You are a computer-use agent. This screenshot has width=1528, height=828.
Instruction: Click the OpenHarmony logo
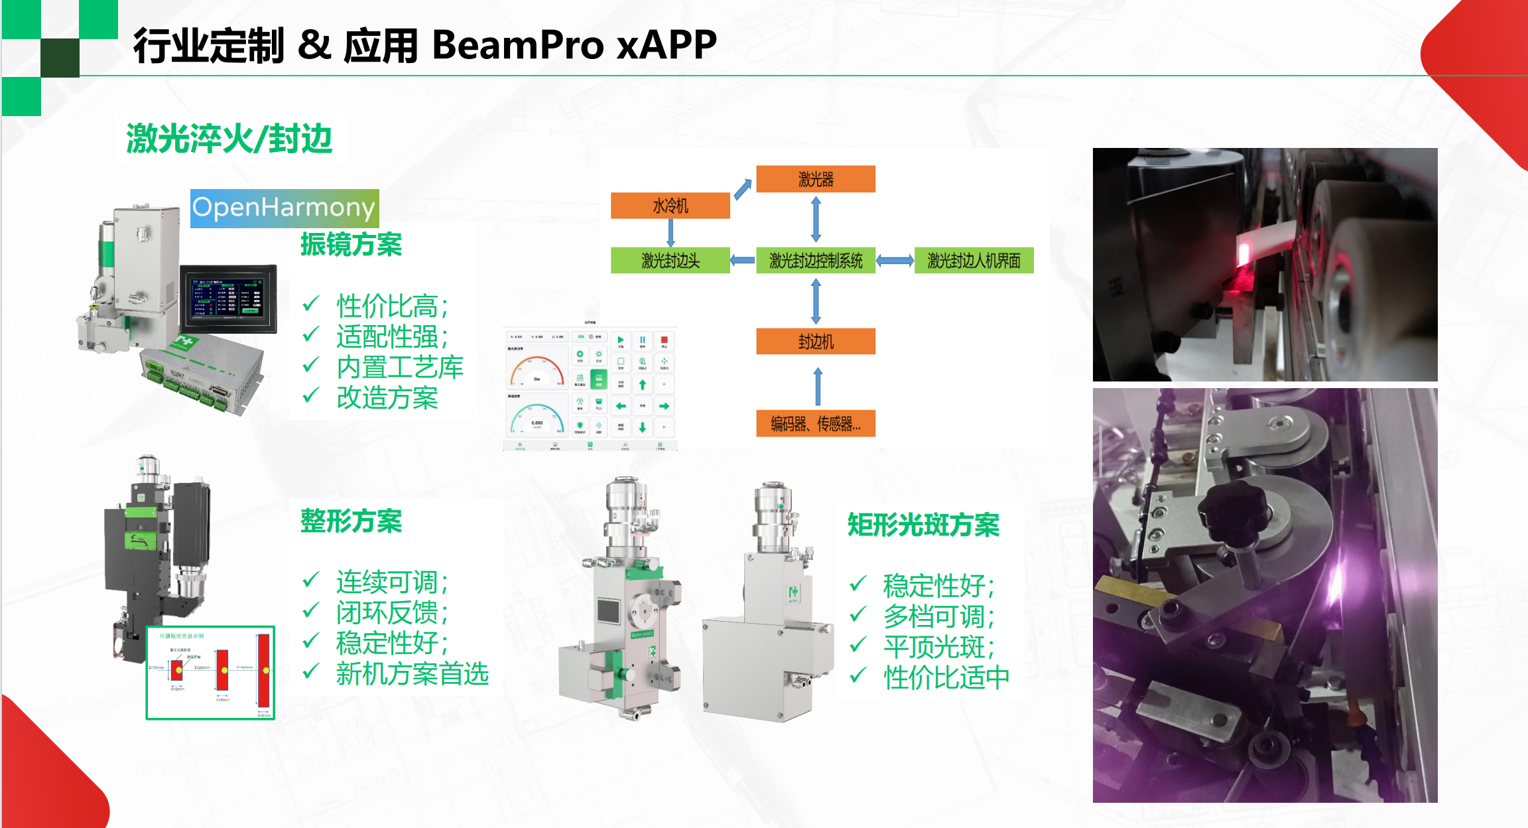(284, 208)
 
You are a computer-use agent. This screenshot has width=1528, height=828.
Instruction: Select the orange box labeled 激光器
(815, 179)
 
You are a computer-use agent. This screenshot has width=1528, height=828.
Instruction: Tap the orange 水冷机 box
(670, 206)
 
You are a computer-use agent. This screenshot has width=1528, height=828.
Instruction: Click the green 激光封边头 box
(670, 261)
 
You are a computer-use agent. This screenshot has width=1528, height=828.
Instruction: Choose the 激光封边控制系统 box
(815, 261)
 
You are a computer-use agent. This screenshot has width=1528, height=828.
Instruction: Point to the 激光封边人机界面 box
(974, 261)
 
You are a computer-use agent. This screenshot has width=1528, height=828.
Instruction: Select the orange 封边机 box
(815, 342)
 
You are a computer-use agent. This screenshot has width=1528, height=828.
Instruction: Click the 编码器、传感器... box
(815, 423)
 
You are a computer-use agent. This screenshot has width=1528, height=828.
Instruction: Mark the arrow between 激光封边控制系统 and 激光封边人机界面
(895, 261)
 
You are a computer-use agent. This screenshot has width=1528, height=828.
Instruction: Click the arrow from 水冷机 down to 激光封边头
(670, 233)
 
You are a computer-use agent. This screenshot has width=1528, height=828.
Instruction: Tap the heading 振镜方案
(351, 245)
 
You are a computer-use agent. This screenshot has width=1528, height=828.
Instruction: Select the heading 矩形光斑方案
(923, 525)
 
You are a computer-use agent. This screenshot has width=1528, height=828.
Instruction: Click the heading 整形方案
(351, 521)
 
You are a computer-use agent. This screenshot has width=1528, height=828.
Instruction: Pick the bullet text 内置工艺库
(399, 368)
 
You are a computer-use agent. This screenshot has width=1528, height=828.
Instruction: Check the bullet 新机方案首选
(412, 674)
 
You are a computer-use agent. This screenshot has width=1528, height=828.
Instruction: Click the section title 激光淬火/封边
(229, 139)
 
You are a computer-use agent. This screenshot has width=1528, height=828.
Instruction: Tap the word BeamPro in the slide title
(518, 45)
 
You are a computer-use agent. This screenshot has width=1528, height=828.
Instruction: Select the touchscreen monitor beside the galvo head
(228, 299)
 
